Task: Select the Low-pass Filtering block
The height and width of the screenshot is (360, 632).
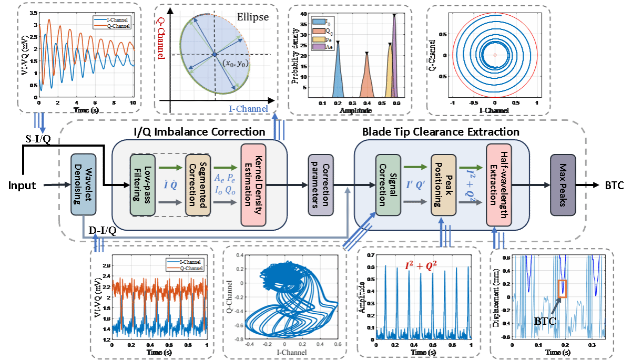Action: (x=142, y=185)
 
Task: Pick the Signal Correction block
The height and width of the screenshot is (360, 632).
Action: (x=388, y=185)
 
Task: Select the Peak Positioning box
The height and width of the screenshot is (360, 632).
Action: (x=442, y=185)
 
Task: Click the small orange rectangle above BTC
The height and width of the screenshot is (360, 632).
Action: (x=562, y=289)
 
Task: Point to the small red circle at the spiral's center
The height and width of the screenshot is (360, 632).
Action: (x=495, y=55)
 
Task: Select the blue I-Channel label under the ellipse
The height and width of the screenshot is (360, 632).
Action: (x=248, y=109)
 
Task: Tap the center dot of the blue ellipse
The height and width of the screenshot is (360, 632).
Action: (x=215, y=55)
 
